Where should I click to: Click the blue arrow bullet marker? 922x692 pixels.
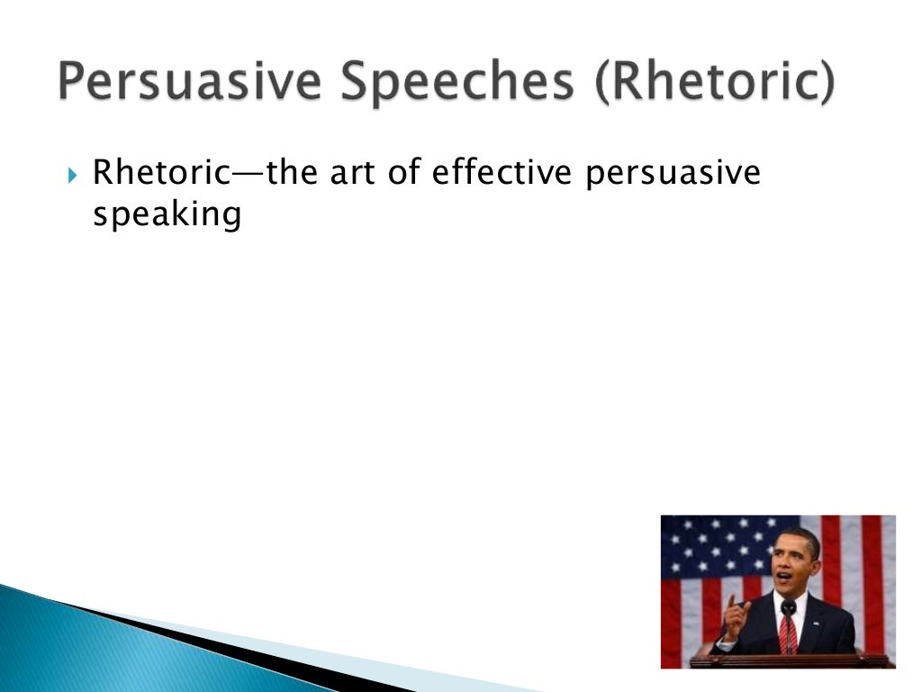(x=73, y=174)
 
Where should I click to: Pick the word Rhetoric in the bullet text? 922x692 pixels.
(x=162, y=172)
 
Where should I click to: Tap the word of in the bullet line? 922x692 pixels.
(x=406, y=172)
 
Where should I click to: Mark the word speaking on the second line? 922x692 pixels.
(x=167, y=215)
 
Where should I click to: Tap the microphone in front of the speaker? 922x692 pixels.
(x=788, y=608)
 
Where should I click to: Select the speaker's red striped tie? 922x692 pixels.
(x=788, y=633)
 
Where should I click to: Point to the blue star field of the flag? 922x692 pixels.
(x=711, y=545)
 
